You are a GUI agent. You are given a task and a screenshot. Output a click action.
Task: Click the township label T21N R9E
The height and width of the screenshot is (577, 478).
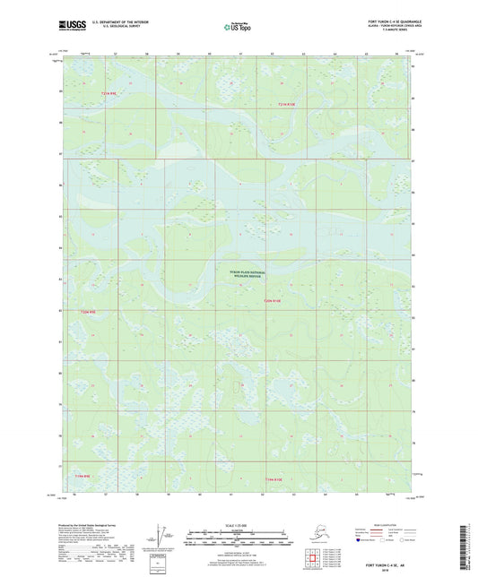pyautogui.click(x=109, y=93)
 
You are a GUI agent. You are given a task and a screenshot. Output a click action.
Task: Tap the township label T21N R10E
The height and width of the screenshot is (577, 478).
pyautogui.click(x=285, y=106)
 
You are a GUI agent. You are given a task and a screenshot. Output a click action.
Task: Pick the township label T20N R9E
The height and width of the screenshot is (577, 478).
pyautogui.click(x=87, y=312)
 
